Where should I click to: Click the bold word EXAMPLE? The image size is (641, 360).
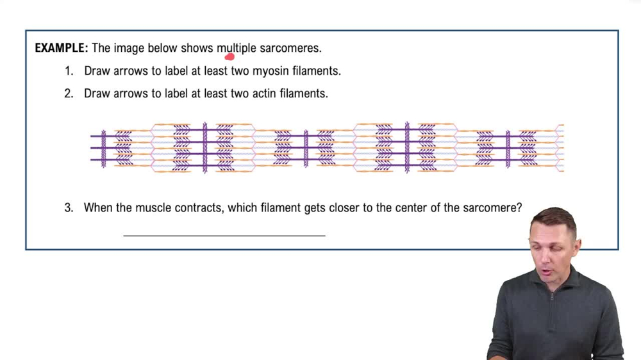62,48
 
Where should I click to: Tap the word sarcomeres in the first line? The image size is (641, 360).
290,48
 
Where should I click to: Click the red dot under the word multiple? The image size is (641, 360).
230,56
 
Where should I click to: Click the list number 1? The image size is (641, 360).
69,70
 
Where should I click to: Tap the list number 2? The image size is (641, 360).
69,93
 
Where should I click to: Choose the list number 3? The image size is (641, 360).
69,208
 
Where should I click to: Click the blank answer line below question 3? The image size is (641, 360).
224,235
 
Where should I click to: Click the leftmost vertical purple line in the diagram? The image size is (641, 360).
104,149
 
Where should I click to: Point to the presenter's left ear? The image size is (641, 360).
578,244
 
